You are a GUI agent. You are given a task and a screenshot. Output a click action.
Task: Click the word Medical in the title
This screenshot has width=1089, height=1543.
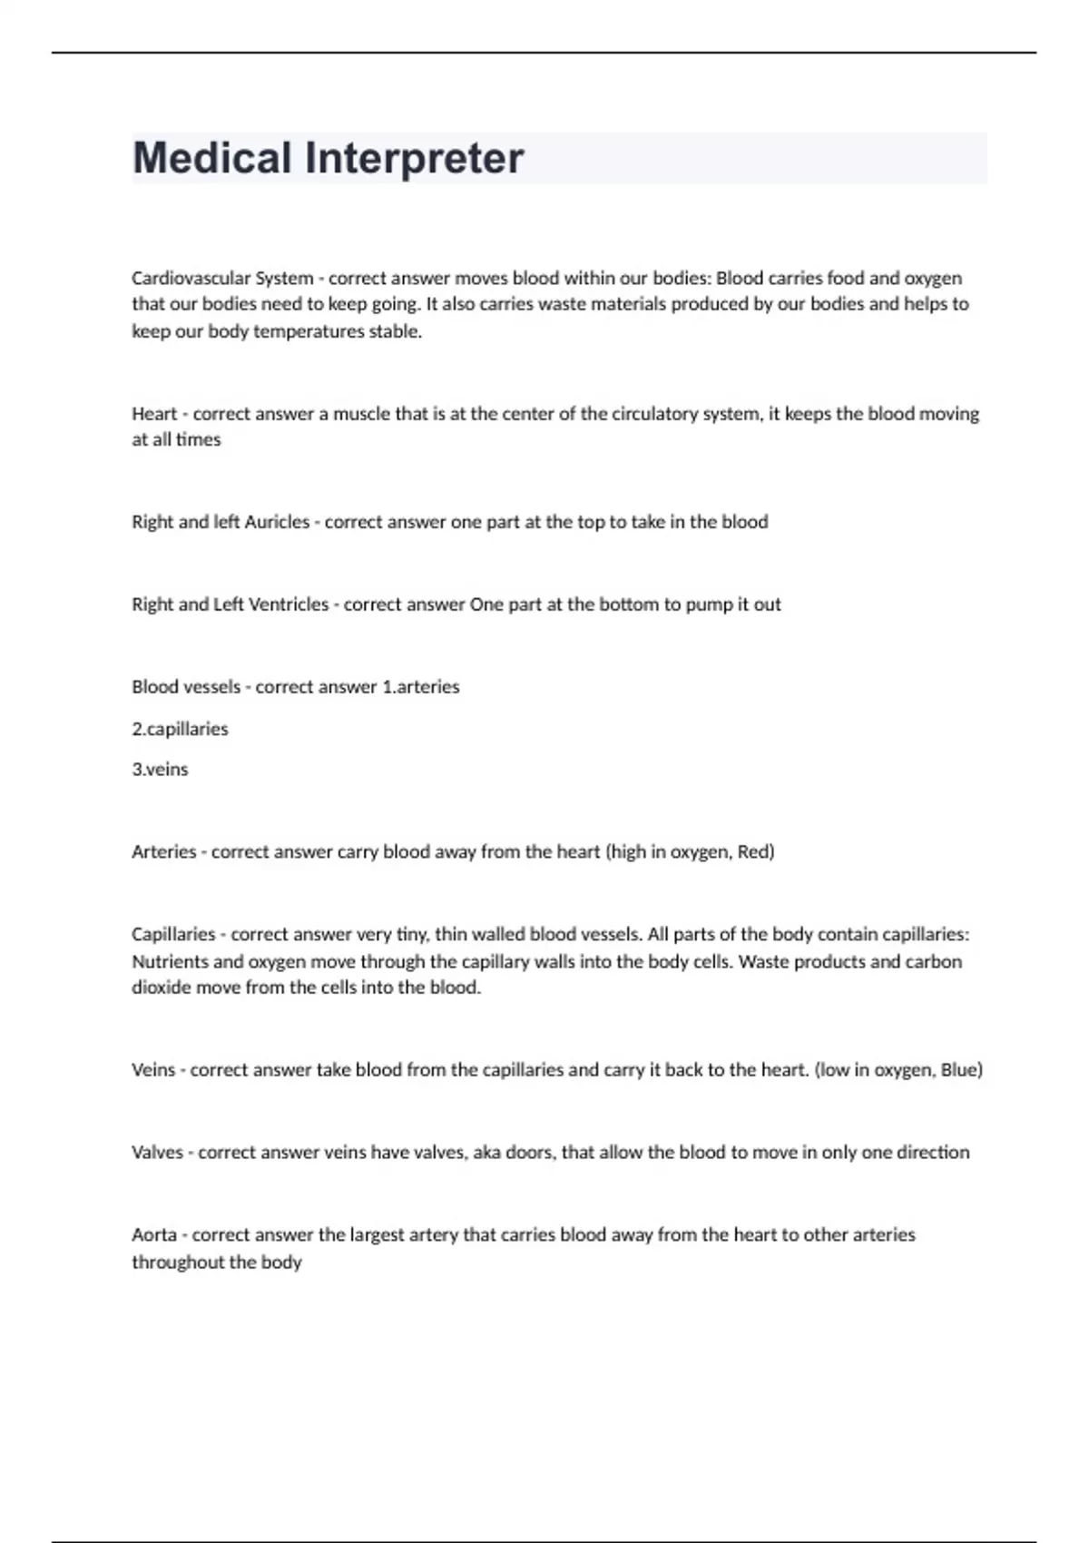tap(213, 158)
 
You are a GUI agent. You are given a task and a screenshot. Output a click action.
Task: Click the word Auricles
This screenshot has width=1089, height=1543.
tap(279, 522)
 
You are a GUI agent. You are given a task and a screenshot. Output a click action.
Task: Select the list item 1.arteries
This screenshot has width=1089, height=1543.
tap(421, 687)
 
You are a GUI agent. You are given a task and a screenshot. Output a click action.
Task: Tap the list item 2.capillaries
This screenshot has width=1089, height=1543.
tap(180, 729)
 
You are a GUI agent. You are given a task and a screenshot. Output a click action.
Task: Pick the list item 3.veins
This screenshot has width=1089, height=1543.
tap(160, 770)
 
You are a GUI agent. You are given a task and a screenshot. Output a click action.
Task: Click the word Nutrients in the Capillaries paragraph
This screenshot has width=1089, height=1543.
tap(170, 961)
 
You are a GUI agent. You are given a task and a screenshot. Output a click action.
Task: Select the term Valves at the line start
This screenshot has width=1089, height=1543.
tap(157, 1153)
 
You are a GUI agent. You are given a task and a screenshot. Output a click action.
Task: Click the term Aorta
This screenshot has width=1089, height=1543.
tap(154, 1235)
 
